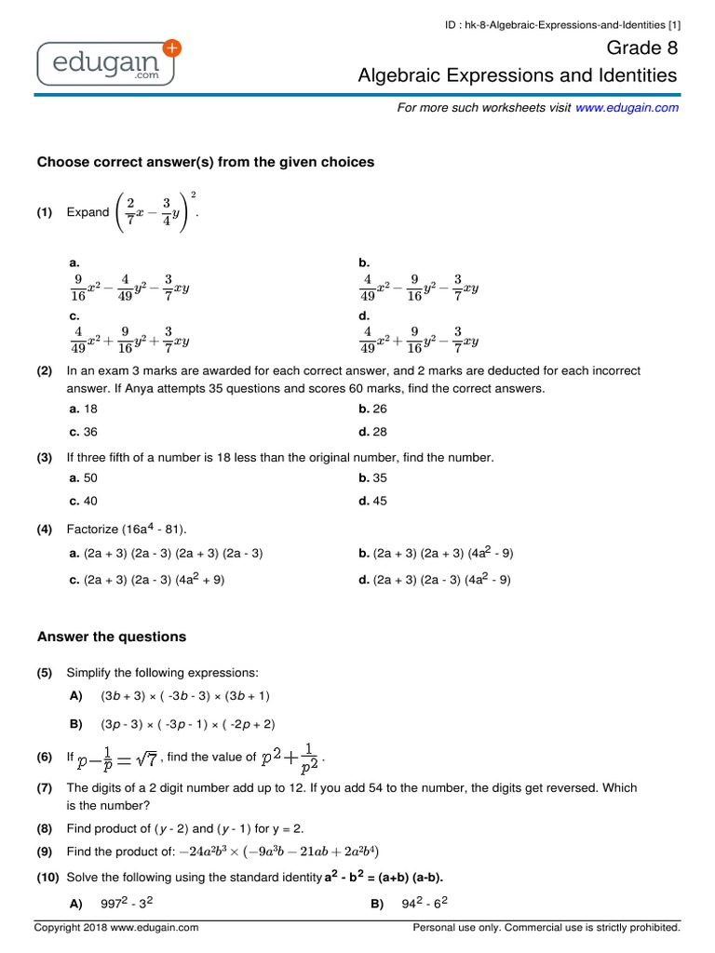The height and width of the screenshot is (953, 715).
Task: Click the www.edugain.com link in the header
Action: coord(627,108)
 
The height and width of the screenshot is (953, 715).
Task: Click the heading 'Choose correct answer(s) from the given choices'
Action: coord(205,162)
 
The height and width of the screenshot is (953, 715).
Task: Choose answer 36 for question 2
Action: coord(83,432)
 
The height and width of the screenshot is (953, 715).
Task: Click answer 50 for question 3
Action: coord(83,477)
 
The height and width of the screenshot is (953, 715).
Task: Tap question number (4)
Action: coord(45,529)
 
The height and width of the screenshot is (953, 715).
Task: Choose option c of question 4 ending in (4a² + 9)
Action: coord(146,579)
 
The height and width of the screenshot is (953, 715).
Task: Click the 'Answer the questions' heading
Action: coord(111,637)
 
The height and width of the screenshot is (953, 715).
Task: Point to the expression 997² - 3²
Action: coord(121,904)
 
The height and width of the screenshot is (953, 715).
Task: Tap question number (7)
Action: coord(45,787)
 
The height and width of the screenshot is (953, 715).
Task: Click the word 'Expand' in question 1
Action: coord(88,212)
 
